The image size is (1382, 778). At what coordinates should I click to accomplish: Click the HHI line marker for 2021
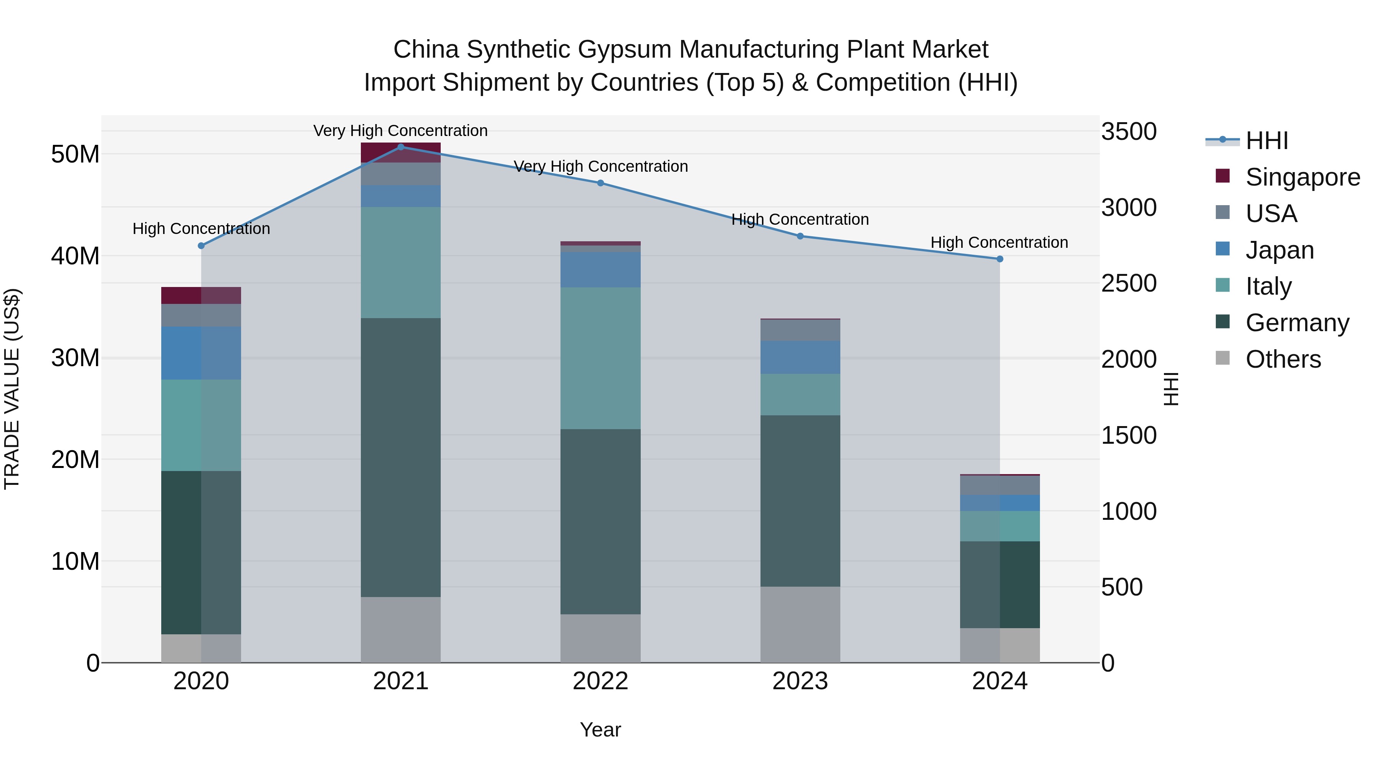[x=400, y=147]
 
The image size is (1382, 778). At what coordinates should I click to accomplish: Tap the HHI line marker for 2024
[x=1000, y=259]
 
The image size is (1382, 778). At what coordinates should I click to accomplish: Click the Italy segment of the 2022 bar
[x=600, y=358]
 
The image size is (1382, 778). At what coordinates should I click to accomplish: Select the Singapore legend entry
[x=1302, y=177]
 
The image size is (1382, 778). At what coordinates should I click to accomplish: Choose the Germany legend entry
[x=1297, y=323]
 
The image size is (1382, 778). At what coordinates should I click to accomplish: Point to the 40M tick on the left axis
[x=75, y=256]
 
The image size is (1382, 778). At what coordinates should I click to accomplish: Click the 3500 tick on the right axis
[x=1129, y=131]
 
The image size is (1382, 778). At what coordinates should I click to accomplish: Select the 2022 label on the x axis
[x=600, y=681]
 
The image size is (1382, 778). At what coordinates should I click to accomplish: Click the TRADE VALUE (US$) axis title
[x=12, y=389]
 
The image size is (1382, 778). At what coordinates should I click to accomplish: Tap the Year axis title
[x=600, y=730]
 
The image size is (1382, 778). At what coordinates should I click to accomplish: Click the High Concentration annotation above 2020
[x=201, y=229]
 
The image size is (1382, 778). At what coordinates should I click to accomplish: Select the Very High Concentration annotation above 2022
[x=600, y=166]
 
